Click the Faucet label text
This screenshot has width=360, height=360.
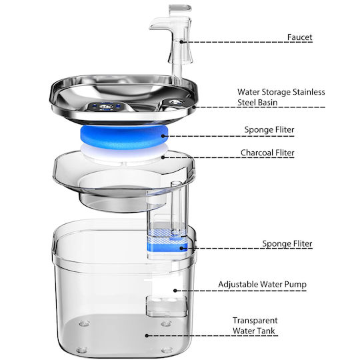299,37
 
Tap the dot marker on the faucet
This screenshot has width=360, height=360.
181,42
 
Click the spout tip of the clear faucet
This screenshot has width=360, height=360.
151,27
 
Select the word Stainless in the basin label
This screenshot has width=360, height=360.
309,92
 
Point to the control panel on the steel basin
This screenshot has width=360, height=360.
105,107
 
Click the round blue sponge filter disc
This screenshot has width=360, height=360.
124,137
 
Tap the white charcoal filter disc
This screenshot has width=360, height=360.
124,154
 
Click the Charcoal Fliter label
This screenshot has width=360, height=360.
267,153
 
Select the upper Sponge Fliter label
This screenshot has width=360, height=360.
269,130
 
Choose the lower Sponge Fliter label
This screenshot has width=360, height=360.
287,243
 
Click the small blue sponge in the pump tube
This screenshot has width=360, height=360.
167,247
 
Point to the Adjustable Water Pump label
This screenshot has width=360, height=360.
263,284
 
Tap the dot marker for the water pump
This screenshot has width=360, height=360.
175,291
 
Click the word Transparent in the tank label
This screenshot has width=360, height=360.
255,321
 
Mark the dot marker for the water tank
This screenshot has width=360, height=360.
147,335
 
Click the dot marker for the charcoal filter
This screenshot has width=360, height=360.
163,157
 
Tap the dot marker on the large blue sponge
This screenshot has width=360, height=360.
163,136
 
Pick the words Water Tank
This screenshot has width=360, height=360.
254,331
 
